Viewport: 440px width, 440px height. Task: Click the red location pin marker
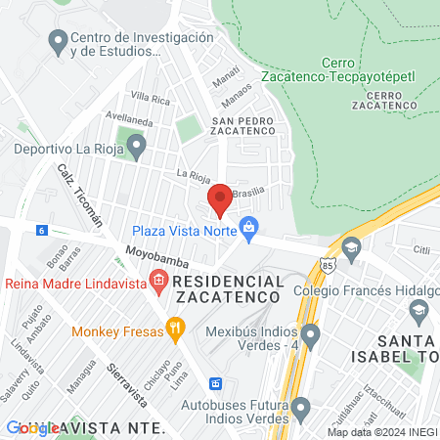point(220,199)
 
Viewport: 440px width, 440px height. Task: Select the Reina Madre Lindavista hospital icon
point(159,284)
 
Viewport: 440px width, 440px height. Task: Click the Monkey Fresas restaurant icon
point(176,330)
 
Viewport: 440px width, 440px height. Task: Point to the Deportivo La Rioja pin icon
point(137,150)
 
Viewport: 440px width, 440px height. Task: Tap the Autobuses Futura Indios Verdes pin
point(301,407)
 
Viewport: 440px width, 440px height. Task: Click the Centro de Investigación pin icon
point(57,43)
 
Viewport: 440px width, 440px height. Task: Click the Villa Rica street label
point(151,98)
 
